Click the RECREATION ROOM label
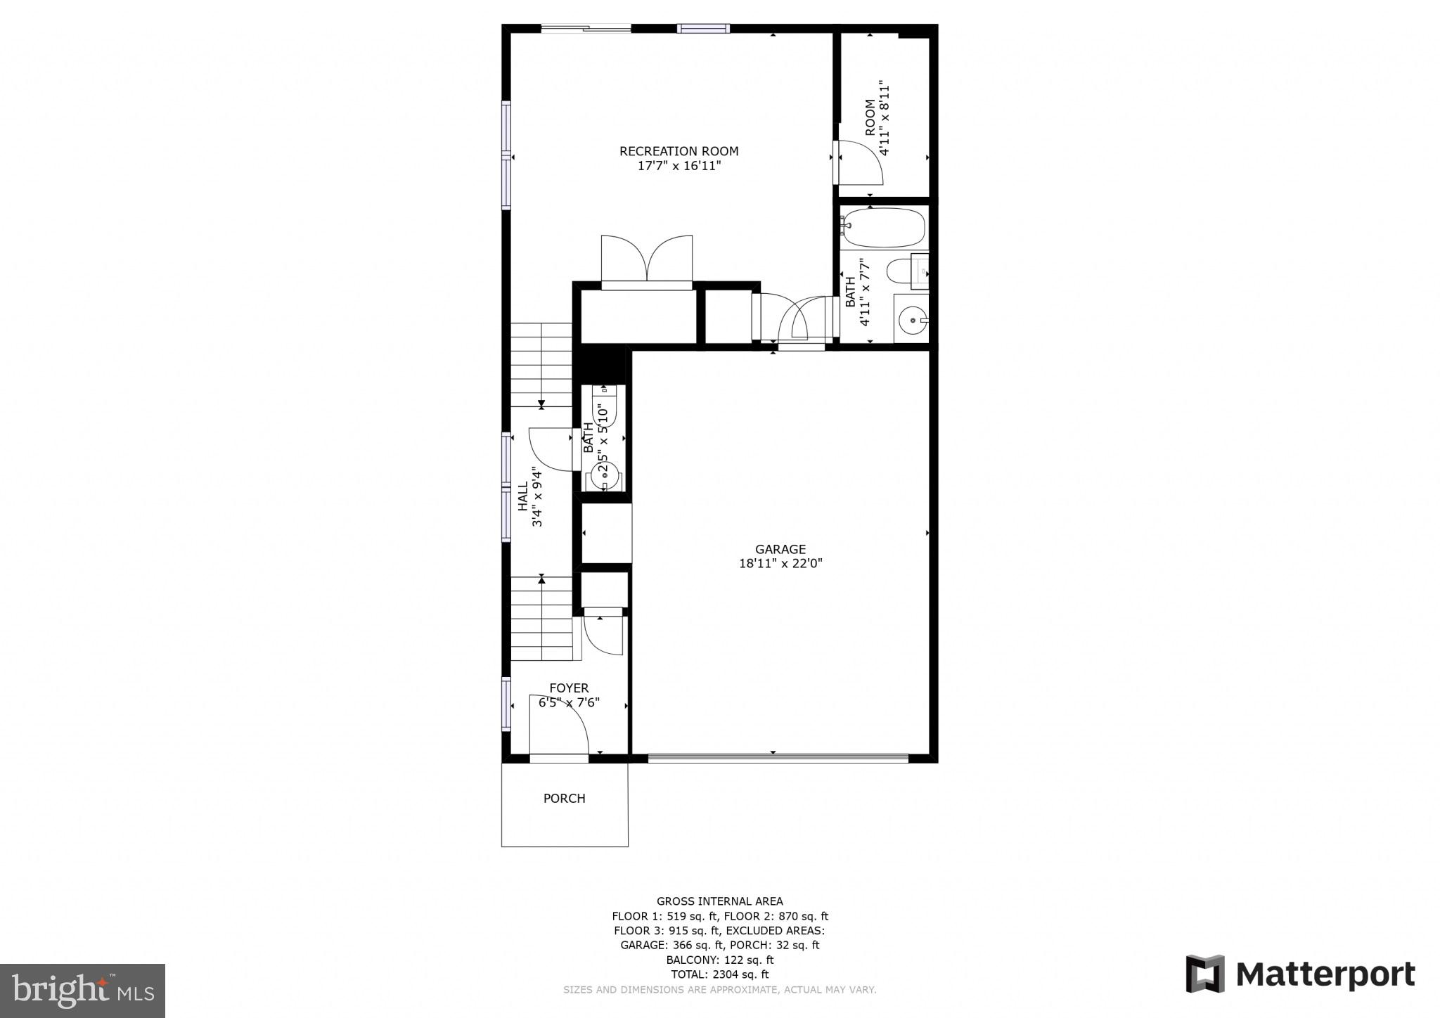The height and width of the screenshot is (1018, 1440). pyautogui.click(x=679, y=151)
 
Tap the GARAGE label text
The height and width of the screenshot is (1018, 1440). pyautogui.click(x=780, y=549)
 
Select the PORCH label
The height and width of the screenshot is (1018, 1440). pyautogui.click(x=564, y=799)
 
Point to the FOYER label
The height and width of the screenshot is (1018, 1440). pyautogui.click(x=569, y=688)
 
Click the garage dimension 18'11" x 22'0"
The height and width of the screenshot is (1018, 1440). pyautogui.click(x=780, y=563)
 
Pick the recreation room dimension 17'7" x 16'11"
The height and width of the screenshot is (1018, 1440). pyautogui.click(x=679, y=166)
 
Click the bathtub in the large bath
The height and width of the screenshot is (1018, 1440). pyautogui.click(x=884, y=228)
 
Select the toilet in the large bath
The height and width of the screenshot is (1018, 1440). pyautogui.click(x=900, y=271)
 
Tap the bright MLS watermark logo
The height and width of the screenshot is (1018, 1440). pyautogui.click(x=82, y=991)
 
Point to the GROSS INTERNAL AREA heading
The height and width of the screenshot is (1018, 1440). pyautogui.click(x=719, y=901)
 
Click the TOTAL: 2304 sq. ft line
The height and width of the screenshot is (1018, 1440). pyautogui.click(x=719, y=974)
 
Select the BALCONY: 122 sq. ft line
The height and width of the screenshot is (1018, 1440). pyautogui.click(x=719, y=960)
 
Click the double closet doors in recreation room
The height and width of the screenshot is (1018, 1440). pyautogui.click(x=647, y=260)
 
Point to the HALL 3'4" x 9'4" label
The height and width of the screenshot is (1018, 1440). pyautogui.click(x=530, y=496)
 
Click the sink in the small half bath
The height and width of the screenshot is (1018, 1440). pyautogui.click(x=604, y=477)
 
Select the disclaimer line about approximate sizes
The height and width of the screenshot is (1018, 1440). pyautogui.click(x=719, y=990)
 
